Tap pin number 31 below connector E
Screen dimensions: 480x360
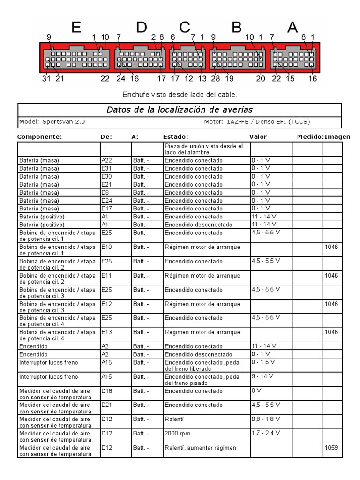tap(45, 79)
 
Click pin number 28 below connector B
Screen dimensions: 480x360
tap(215, 79)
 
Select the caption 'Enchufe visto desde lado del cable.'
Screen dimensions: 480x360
tap(180, 94)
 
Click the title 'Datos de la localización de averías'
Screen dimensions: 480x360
tap(180, 110)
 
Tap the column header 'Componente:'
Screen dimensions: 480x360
tap(39, 137)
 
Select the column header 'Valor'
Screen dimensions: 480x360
tap(258, 137)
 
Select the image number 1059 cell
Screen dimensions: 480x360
tap(331, 448)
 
